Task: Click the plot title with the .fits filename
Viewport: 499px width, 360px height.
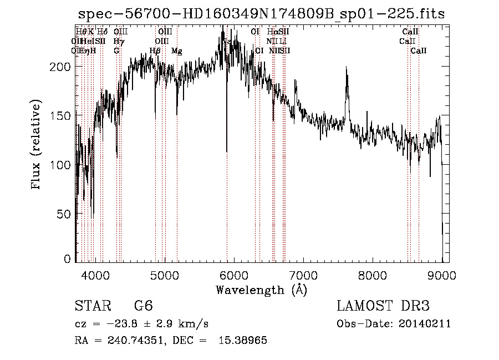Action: click(261, 14)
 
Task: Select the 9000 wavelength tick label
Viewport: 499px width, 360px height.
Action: click(442, 274)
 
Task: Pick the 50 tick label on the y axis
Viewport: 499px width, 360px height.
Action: click(64, 214)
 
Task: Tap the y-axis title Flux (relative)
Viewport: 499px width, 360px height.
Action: click(37, 145)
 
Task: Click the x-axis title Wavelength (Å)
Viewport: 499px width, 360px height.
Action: click(261, 290)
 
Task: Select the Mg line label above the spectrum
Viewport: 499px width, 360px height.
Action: click(177, 51)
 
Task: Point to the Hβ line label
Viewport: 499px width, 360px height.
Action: click(155, 51)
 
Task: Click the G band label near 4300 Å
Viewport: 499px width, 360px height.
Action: click(116, 51)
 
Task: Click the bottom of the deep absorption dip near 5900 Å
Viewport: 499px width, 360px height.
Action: click(226, 151)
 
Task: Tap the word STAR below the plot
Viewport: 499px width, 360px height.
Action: click(92, 307)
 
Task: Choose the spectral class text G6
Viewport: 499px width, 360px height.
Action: click(143, 307)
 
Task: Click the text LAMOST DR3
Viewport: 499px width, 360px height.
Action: click(383, 307)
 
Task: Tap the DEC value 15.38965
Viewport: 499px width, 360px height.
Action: click(244, 341)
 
